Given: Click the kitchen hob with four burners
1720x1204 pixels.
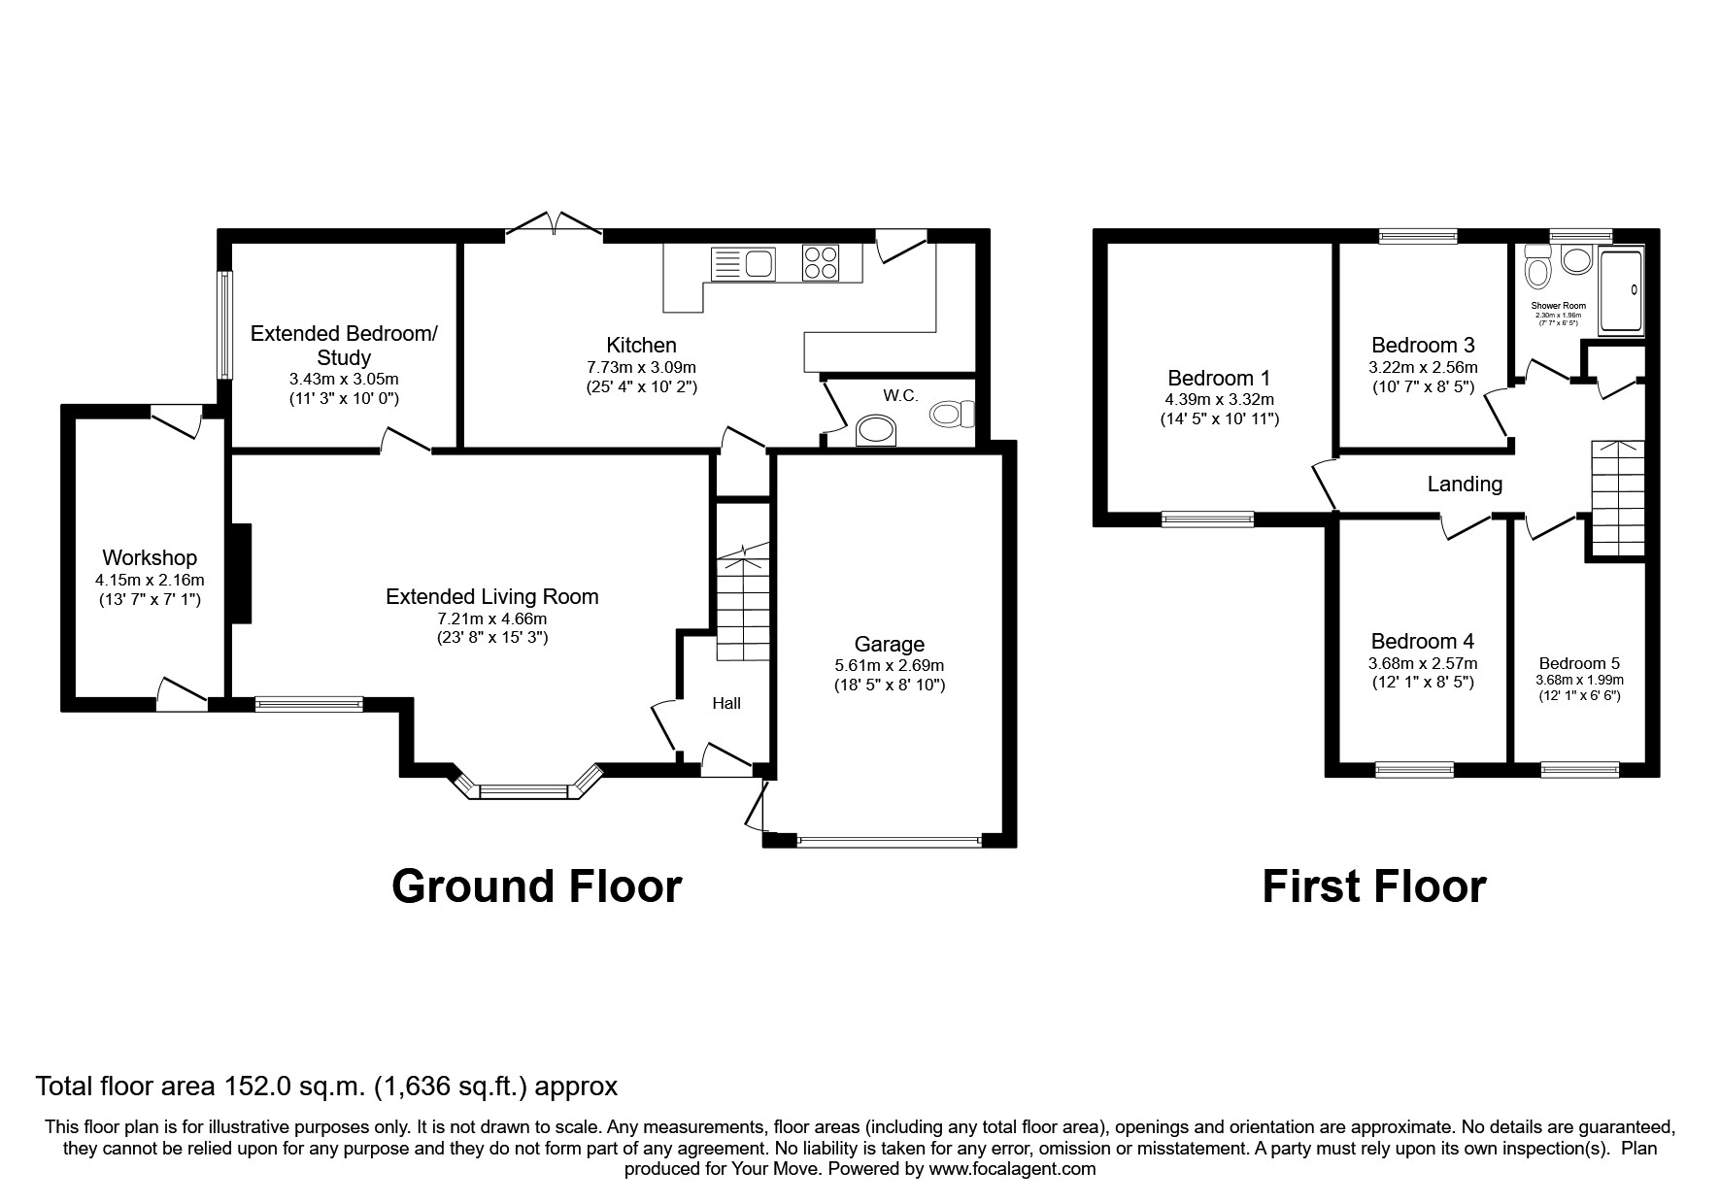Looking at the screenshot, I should coord(821,263).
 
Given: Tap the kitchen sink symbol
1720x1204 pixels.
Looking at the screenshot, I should coord(743,263).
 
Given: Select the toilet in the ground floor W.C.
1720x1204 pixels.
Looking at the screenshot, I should coord(949,416).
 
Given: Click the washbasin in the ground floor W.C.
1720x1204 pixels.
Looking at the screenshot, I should coord(876,429).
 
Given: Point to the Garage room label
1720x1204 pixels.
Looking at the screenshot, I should coord(889,644).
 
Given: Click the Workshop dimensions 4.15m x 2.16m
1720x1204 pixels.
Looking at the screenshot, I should coord(150,580).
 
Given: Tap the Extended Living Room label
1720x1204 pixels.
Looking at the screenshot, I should coord(491,596).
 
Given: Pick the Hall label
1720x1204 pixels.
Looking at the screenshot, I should coord(725,702).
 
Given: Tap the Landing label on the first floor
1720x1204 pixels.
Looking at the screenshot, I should coord(1464,484).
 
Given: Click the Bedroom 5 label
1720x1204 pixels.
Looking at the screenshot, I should coord(1578,664).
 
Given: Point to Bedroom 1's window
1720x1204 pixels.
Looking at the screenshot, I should coord(1207,519).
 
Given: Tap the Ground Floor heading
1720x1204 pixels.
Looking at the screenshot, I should coord(536,886).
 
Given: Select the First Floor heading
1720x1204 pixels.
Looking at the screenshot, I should coord(1373,886).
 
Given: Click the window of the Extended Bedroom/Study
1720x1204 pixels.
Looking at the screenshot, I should coord(225,324).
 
